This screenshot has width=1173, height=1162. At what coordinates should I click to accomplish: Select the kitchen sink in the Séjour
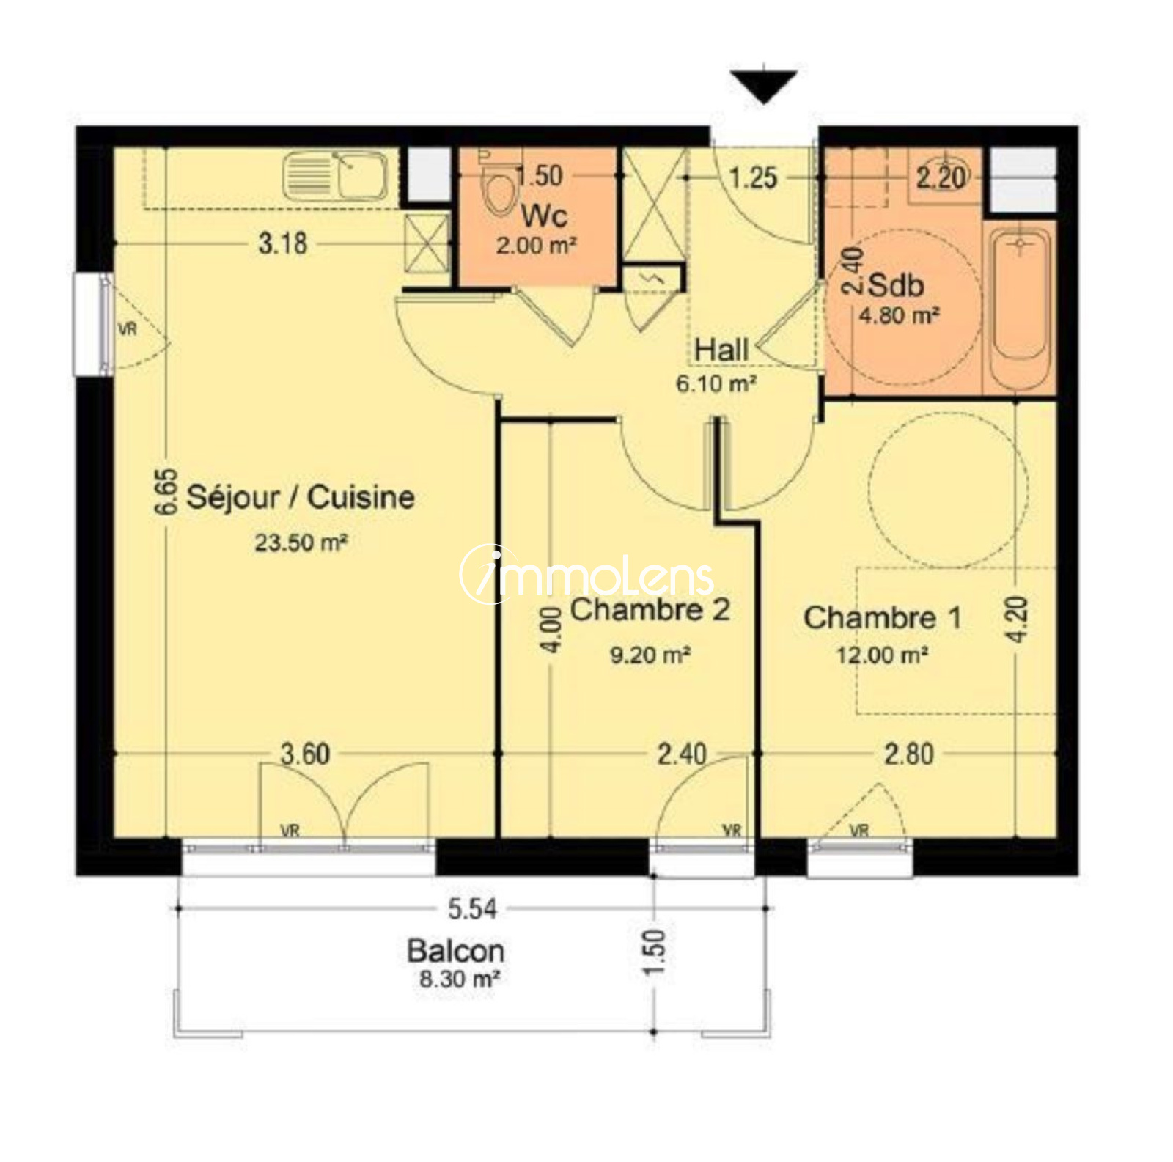(335, 175)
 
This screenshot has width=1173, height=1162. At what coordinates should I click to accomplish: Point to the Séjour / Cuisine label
(301, 497)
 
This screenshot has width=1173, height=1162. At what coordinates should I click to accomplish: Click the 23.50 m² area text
(301, 543)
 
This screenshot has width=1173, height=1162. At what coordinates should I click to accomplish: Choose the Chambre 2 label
(650, 609)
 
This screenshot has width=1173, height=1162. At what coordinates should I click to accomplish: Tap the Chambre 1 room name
(883, 617)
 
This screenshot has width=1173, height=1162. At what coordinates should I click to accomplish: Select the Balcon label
(455, 951)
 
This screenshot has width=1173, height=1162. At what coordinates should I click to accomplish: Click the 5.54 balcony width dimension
(472, 909)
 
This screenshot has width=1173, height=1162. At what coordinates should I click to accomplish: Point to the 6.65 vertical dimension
(167, 491)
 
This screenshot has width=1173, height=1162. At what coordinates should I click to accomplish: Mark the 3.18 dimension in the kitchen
(282, 243)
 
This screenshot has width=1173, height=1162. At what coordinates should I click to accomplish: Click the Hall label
(721, 350)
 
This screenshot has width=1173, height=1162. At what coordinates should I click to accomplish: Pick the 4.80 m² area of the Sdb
(899, 316)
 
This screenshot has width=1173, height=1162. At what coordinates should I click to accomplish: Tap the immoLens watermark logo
(586, 574)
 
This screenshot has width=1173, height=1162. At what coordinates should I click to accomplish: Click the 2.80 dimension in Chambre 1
(908, 754)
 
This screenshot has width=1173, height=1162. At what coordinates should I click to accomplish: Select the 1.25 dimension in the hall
(753, 177)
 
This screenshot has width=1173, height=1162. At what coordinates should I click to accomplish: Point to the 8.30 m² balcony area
(460, 979)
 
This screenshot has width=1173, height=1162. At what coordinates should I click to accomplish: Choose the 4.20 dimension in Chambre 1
(1018, 619)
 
